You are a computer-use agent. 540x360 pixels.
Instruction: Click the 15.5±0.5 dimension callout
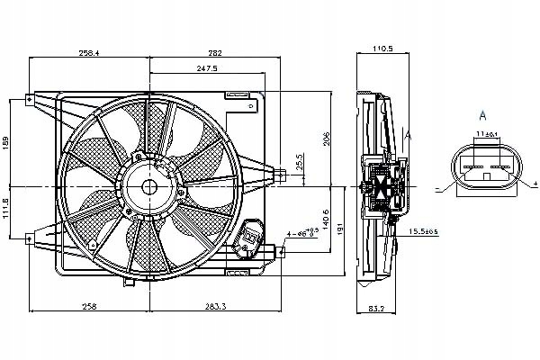coord(423,233)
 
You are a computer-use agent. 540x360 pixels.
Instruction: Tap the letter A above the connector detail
coord(483,116)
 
